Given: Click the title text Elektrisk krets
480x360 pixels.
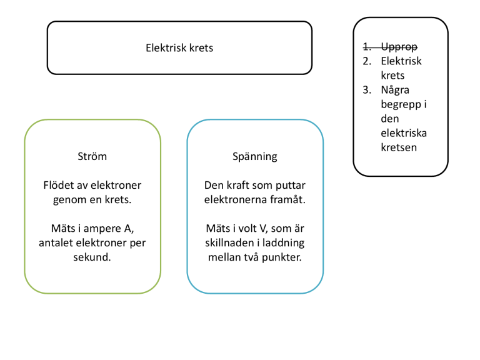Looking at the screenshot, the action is click(x=179, y=47).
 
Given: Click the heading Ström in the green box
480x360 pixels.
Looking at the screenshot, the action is click(x=92, y=156).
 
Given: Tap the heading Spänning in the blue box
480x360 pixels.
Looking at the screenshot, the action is click(x=255, y=157).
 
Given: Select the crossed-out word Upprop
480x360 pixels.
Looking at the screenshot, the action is click(x=399, y=47).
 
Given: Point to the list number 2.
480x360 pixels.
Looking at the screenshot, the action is click(x=367, y=61).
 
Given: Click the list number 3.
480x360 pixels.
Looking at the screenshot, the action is click(x=367, y=90).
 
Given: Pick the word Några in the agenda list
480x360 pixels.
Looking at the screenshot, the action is click(x=395, y=90).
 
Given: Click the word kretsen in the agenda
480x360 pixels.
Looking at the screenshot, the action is click(x=399, y=147).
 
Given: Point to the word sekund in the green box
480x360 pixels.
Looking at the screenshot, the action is click(x=91, y=257).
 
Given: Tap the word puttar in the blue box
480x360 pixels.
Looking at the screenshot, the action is click(x=291, y=186).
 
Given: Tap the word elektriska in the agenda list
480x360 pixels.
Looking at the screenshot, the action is click(x=404, y=133).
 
